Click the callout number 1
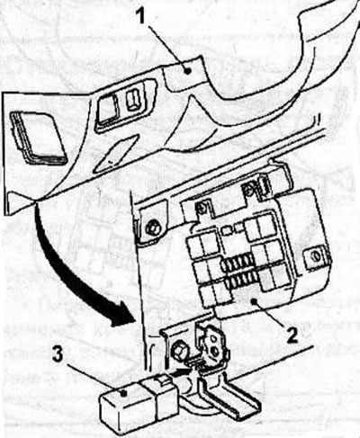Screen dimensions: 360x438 coord(139,15)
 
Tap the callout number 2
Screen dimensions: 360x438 coord(291,335)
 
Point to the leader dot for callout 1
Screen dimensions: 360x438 coord(188,71)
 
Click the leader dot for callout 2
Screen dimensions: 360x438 coord(255,301)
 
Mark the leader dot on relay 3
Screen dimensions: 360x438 coord(123,393)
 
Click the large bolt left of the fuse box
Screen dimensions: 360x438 coord(152,228)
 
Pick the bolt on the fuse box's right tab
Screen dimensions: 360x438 coord(316,256)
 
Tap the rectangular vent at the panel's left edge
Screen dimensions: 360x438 coord(38,137)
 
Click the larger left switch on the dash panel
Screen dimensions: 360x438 coord(108,110)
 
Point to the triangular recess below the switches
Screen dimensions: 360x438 coord(115,154)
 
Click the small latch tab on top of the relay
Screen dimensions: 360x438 coord(163,381)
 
